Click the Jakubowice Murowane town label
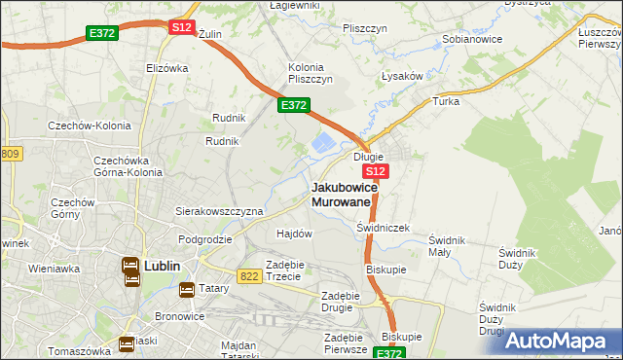(341, 194)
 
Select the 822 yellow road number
(249, 276)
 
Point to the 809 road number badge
(10, 154)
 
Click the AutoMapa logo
(559, 342)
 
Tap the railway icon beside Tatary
(187, 289)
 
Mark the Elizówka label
(165, 68)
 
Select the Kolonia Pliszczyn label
(311, 73)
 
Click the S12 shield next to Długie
(379, 171)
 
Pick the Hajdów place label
(294, 234)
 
